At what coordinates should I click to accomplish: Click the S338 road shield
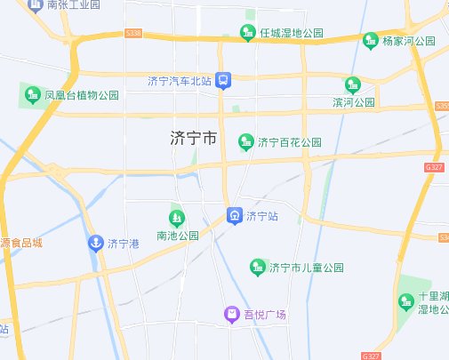134,33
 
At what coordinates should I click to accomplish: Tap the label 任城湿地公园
292,34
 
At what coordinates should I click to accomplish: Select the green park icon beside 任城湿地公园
249,34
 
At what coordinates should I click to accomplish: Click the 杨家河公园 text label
409,41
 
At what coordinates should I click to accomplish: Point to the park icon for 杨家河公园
371,40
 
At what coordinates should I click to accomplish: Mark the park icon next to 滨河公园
353,85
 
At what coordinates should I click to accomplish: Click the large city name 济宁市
194,139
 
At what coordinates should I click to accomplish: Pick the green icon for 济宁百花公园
245,141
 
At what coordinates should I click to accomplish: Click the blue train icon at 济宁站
234,215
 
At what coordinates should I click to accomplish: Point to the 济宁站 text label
263,216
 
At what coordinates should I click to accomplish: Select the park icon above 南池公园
177,217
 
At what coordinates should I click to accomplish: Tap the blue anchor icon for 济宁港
95,243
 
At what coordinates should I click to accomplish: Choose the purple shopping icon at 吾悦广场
230,315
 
